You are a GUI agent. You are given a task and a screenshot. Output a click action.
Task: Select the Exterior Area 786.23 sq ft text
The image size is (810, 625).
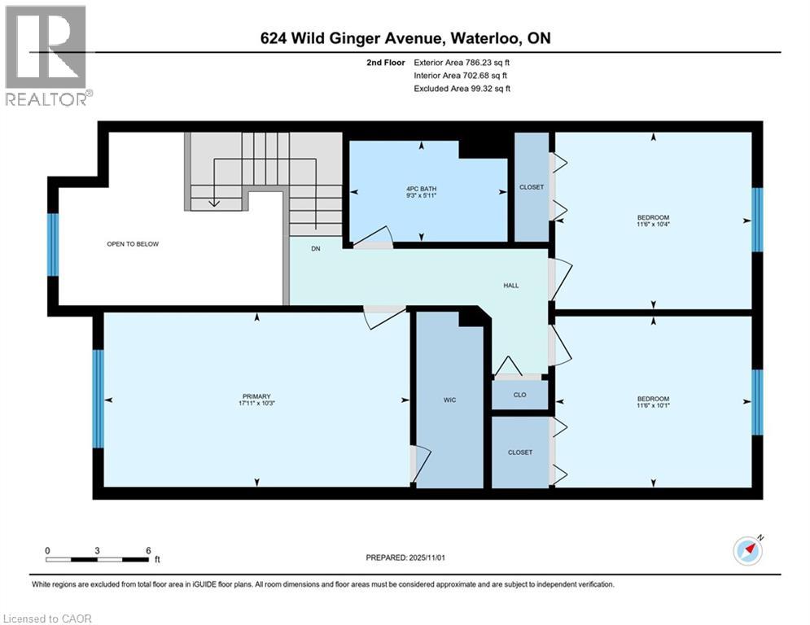462,62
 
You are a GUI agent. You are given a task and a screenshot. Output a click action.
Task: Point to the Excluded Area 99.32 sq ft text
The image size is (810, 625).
462,89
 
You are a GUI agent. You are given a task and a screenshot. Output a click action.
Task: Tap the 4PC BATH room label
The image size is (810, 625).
421,189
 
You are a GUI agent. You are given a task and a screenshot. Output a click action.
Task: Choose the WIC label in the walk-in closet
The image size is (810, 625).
449,400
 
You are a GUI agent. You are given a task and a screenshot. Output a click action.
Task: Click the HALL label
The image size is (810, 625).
510,285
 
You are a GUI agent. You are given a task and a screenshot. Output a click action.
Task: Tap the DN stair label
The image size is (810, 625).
316,249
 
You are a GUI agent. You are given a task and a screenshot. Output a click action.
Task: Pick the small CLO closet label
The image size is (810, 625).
519,395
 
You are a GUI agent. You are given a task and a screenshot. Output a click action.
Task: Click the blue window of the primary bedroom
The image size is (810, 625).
99,399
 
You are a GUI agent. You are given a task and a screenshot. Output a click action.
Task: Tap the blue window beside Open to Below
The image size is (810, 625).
54,244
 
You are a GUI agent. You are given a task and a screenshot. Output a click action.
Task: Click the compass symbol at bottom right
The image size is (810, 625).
747,551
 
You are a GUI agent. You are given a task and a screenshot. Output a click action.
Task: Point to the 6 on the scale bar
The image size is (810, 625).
147,550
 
